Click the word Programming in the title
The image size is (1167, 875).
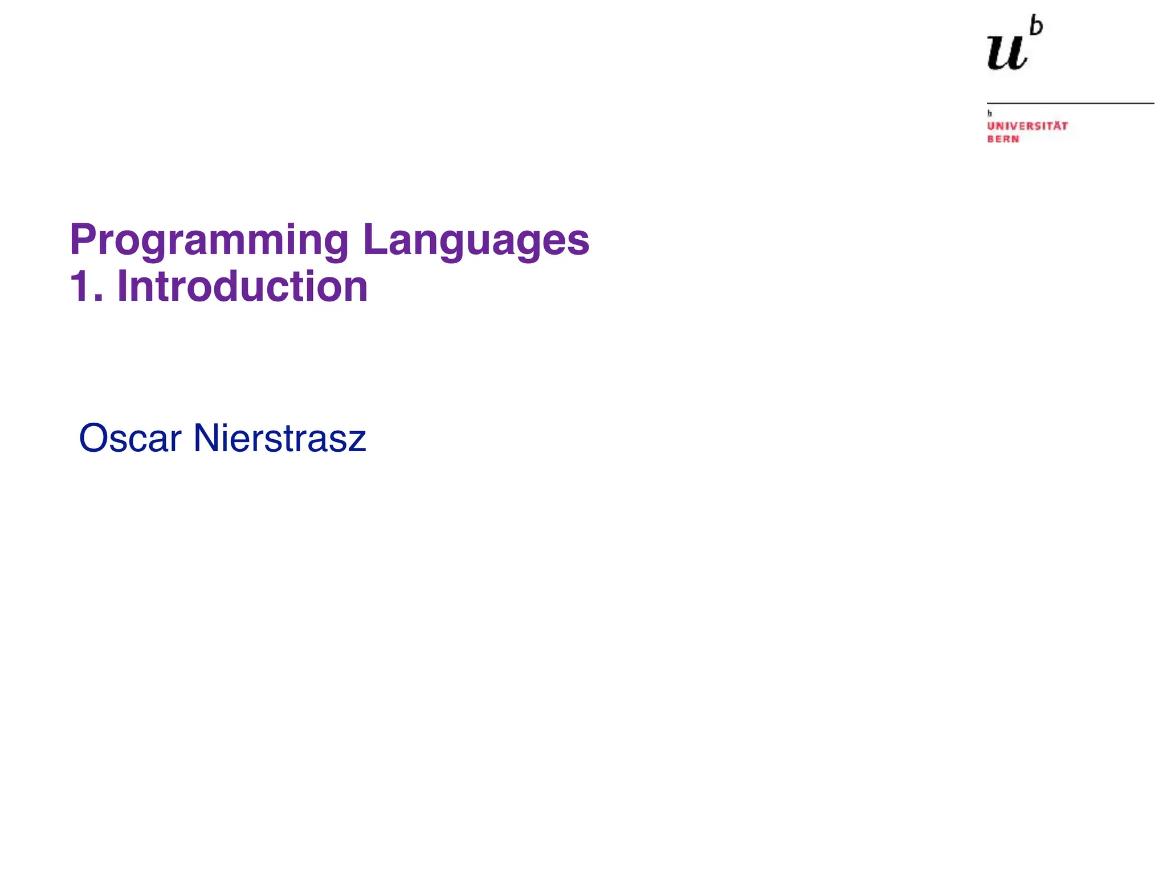click(x=209, y=240)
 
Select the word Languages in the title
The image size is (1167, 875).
click(x=476, y=240)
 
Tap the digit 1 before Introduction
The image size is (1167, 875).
click(x=79, y=287)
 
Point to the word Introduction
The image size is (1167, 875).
click(x=242, y=287)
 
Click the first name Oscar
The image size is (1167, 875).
click(x=130, y=439)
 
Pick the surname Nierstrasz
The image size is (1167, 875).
click(x=279, y=439)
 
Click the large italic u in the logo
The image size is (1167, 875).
click(x=1007, y=52)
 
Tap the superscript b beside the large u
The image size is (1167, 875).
click(x=1036, y=27)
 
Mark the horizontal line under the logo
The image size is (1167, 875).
click(x=1070, y=104)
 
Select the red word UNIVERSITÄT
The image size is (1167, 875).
click(x=1027, y=126)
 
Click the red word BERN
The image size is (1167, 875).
click(x=1003, y=139)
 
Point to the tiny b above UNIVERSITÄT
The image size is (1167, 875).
click(x=990, y=113)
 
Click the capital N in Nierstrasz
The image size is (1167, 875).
click(x=206, y=439)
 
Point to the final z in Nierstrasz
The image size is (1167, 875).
click(x=358, y=442)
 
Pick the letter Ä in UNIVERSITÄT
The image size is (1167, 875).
click(x=1055, y=125)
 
